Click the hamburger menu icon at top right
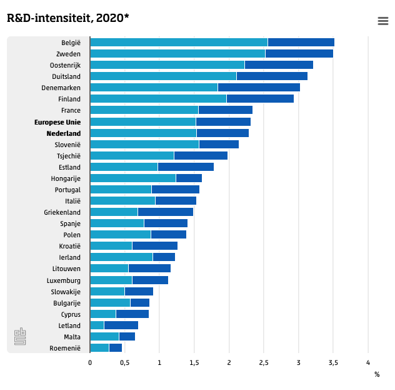383,21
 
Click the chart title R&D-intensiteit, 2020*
67,18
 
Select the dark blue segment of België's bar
301,43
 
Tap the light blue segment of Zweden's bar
177,54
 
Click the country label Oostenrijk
65,65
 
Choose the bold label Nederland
63,133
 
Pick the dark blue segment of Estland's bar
186,167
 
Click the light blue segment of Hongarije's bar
133,178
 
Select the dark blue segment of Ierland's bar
164,257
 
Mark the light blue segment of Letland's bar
97,326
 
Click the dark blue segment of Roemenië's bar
115,348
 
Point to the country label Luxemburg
64,280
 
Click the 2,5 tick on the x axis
264,362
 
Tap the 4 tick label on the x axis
368,362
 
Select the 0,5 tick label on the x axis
124,362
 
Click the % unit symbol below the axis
377,374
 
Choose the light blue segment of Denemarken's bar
154,88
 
